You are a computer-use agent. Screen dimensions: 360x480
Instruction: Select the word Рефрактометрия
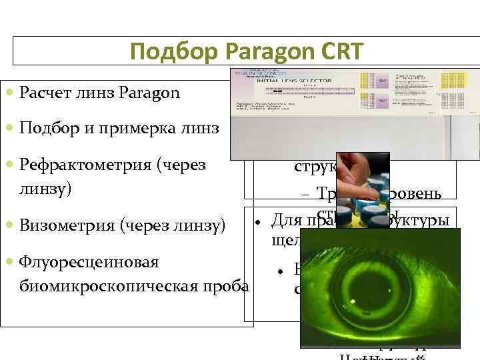tap(75, 164)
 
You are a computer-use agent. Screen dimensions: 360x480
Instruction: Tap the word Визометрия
tap(61, 226)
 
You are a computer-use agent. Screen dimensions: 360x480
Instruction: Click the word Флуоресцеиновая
tap(80, 262)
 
